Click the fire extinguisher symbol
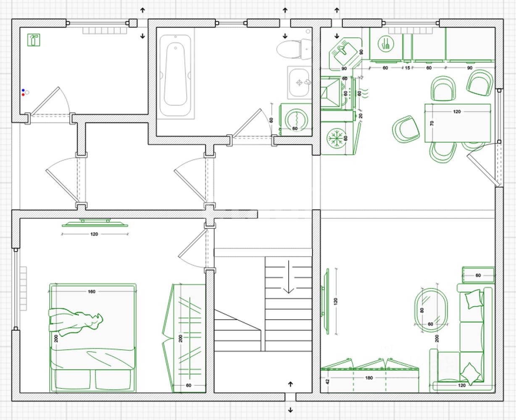tap(34, 40)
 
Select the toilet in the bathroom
tap(294, 49)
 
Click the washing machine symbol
tap(295, 120)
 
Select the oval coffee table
tap(430, 310)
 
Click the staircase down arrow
tap(288, 278)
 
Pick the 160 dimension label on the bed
tap(91, 291)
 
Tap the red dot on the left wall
tap(23, 94)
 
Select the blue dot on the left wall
tap(23, 90)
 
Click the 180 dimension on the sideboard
tap(369, 378)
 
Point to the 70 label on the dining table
tap(432, 123)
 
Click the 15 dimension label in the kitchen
tap(407, 68)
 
